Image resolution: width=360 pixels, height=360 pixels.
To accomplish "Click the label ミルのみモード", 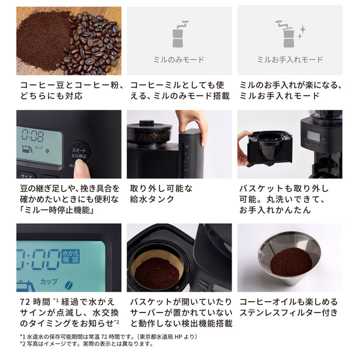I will (x=179, y=59).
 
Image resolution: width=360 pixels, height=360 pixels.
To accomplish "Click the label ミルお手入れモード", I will (x=290, y=59).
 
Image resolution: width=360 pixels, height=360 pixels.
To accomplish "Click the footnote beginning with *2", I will (x=87, y=344).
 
